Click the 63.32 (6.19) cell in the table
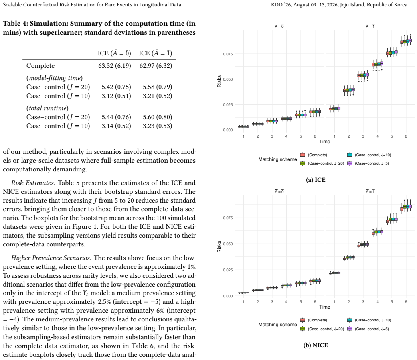point(115,66)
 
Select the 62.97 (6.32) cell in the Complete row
point(156,66)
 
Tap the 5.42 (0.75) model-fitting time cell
point(116,87)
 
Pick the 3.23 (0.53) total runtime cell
point(158,126)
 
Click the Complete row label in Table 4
point(40,66)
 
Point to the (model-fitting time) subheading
point(55,78)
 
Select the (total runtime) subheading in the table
point(47,108)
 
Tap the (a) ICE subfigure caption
point(316,180)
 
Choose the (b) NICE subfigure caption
point(316,345)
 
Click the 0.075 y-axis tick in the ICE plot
point(228,54)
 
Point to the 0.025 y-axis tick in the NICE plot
point(228,270)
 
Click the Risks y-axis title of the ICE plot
point(219,81)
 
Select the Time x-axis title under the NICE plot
point(325,307)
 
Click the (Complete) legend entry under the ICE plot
point(314,155)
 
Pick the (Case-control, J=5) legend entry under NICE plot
point(368,329)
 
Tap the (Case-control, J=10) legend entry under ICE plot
point(369,155)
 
